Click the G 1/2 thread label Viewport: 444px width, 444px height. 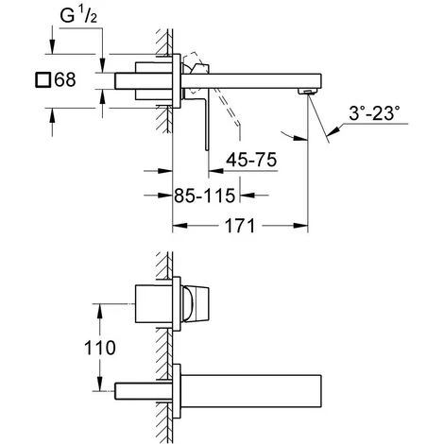(78, 15)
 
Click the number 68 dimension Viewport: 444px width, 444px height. (65, 79)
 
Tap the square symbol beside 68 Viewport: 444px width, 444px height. (43, 79)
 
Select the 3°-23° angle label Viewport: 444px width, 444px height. (374, 113)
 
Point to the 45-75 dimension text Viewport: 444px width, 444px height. (251, 160)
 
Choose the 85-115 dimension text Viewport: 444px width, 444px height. (205, 196)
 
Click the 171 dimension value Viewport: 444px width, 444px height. (240, 226)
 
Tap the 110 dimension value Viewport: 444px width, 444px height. (100, 348)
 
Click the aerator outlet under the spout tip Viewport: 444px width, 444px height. (307, 92)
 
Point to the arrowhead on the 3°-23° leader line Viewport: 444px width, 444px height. (333, 130)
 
